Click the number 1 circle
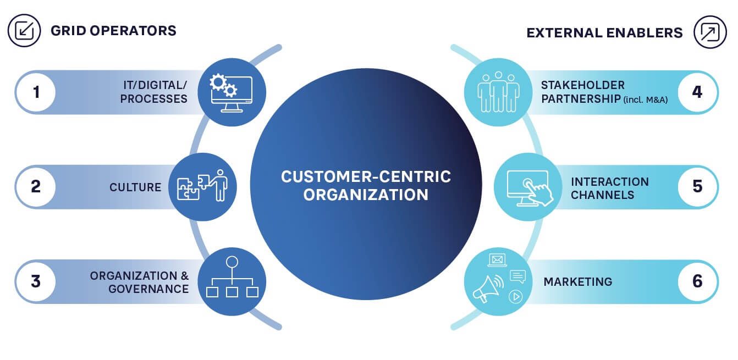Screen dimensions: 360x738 [36, 92]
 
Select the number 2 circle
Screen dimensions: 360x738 [36, 187]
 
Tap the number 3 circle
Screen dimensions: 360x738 [36, 281]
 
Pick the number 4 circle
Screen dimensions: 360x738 [697, 92]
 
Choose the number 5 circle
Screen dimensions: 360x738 [697, 187]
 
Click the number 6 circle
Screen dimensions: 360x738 [697, 281]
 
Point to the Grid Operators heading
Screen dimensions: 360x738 [113, 31]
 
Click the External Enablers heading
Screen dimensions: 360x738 [604, 33]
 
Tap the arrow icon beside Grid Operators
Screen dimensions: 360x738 [24, 31]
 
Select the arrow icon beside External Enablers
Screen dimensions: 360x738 [710, 32]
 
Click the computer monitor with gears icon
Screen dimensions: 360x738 [231, 93]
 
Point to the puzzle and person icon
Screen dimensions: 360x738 [202, 187]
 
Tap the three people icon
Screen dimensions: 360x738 [498, 92]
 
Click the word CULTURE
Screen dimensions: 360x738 [135, 187]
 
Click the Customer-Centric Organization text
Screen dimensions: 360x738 [366, 185]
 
